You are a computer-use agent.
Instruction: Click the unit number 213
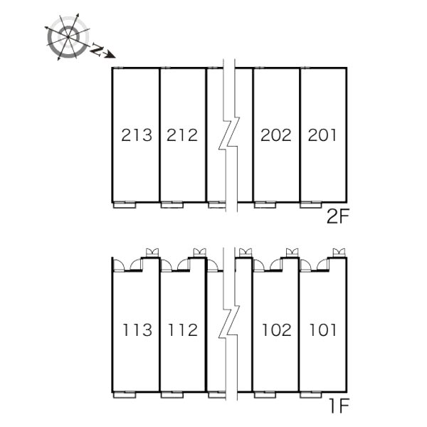click(x=137, y=135)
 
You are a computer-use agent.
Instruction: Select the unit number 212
click(x=182, y=135)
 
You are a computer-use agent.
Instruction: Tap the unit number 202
click(x=276, y=135)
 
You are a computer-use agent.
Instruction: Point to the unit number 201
click(x=322, y=135)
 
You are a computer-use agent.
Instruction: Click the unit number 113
click(x=137, y=330)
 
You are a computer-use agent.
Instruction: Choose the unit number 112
click(x=183, y=330)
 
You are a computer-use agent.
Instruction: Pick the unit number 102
click(x=277, y=330)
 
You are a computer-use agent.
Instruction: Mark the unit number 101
click(x=323, y=330)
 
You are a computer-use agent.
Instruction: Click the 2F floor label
click(x=337, y=217)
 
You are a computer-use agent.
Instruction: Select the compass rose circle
click(x=68, y=37)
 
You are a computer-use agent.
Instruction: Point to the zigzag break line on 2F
click(x=229, y=135)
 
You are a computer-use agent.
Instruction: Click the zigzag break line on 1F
click(x=229, y=324)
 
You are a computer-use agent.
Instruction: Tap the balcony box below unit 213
click(x=125, y=205)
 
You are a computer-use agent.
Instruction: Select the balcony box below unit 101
click(x=311, y=395)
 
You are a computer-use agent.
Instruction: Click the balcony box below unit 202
click(x=265, y=205)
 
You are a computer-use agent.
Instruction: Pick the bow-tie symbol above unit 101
click(x=339, y=253)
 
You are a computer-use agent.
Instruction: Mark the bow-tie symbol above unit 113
click(x=152, y=253)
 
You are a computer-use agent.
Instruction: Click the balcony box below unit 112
click(x=172, y=395)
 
